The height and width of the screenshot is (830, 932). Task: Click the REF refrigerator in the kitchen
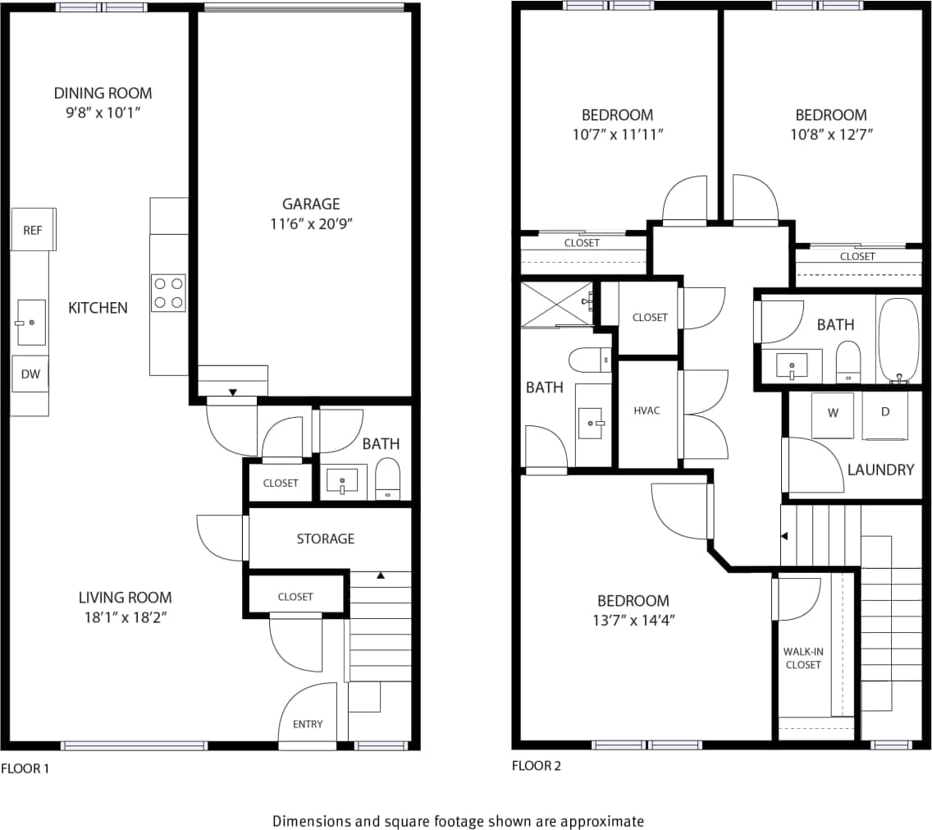33,230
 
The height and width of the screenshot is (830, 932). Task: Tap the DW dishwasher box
30,374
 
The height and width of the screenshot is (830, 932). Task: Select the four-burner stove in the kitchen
168,293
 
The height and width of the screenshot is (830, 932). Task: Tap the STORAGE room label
326,539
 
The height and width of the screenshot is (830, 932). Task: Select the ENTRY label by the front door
308,724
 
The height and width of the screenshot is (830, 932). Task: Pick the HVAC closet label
647,410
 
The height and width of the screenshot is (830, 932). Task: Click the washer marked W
833,414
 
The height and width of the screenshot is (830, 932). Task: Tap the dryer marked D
885,412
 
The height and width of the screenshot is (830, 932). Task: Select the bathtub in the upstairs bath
898,340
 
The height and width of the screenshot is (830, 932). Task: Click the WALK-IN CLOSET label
802,658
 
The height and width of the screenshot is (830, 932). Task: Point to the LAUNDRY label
880,470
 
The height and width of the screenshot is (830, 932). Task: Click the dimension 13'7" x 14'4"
633,621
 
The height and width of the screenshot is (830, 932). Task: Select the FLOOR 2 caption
537,766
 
